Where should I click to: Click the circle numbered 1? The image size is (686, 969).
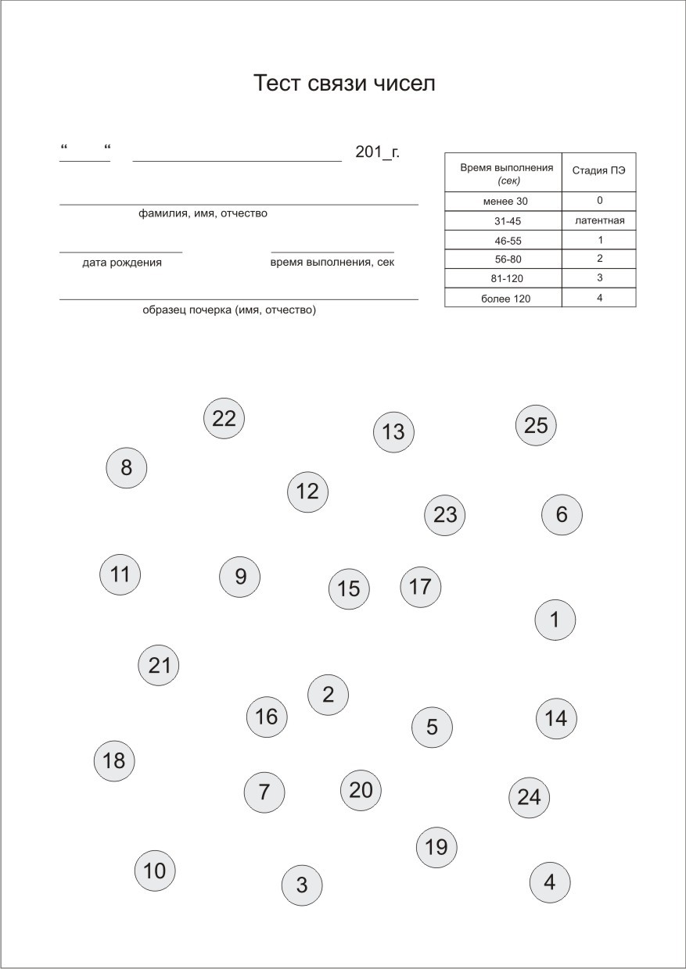point(555,620)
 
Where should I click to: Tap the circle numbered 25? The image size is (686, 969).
point(537,426)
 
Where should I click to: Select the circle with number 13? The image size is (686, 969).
point(393,432)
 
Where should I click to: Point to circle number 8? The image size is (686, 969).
point(127,468)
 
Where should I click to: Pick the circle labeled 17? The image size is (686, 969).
point(421,587)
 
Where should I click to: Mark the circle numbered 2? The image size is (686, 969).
point(329,695)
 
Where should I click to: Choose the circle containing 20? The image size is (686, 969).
point(361,790)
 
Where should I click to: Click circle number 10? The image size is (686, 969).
point(155,871)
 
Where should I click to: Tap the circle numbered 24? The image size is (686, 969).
point(530,797)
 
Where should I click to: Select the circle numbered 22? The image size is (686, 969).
point(224,419)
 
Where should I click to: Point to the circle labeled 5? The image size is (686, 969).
point(433,728)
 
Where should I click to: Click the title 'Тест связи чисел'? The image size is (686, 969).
point(344,84)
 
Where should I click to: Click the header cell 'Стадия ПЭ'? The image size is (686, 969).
point(598,172)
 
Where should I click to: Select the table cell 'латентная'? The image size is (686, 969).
point(598,221)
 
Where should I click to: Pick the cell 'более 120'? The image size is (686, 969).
point(503,298)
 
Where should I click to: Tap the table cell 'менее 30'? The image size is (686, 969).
point(503,201)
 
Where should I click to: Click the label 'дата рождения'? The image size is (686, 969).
point(122,263)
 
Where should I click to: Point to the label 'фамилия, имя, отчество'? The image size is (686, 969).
point(203,213)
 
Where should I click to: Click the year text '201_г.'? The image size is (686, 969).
point(377,152)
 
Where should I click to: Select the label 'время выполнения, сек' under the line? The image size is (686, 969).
point(332,263)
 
